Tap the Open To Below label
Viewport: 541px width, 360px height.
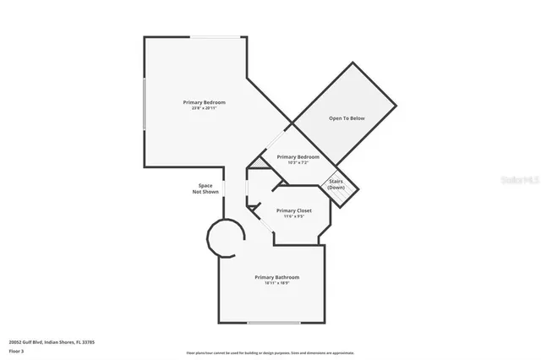click(347, 118)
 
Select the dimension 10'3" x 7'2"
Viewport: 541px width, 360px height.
click(298, 163)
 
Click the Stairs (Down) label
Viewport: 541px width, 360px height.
click(336, 183)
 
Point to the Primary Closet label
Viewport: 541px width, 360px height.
click(293, 210)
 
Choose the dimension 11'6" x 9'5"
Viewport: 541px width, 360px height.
click(293, 216)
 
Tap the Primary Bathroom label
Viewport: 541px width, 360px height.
click(277, 276)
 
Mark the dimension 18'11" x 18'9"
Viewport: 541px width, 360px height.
click(277, 283)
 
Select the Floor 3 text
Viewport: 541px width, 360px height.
click(17, 349)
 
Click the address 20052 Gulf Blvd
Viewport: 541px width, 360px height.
click(52, 341)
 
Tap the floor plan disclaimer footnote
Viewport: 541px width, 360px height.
click(270, 352)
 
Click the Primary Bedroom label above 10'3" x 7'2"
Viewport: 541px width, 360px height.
click(298, 157)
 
